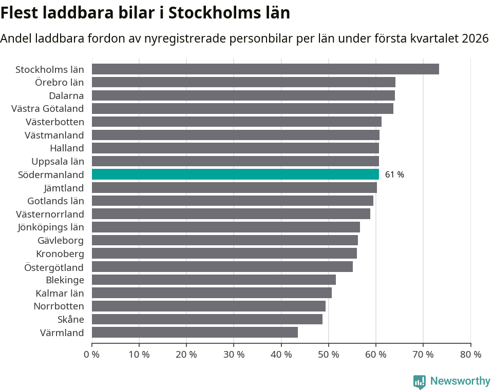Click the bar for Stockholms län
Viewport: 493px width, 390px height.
click(x=265, y=69)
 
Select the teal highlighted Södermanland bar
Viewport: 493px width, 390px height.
click(x=235, y=174)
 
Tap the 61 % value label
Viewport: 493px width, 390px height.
click(x=394, y=174)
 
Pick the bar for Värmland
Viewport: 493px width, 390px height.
click(x=195, y=333)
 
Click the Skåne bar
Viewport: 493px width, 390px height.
click(x=207, y=319)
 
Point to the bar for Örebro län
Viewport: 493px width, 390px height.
click(x=243, y=82)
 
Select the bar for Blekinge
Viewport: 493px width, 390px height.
click(x=214, y=280)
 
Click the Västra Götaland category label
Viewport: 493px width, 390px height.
click(x=48, y=108)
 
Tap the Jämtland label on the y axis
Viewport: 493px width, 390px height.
click(x=64, y=188)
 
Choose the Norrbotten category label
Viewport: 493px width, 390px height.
click(x=59, y=306)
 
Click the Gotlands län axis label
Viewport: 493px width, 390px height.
click(x=55, y=201)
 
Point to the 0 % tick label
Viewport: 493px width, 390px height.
click(x=92, y=354)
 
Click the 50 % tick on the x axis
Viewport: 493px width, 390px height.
click(x=328, y=354)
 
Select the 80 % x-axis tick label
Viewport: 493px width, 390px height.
click(x=470, y=354)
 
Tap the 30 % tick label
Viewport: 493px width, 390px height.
click(x=234, y=354)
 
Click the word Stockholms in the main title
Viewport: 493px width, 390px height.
click(x=209, y=12)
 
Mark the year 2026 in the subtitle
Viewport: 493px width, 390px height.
click(x=475, y=38)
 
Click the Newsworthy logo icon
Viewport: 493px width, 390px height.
click(x=420, y=381)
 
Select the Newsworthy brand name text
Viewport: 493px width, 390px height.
click(x=460, y=381)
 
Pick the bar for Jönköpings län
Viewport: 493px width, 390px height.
click(x=226, y=227)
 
